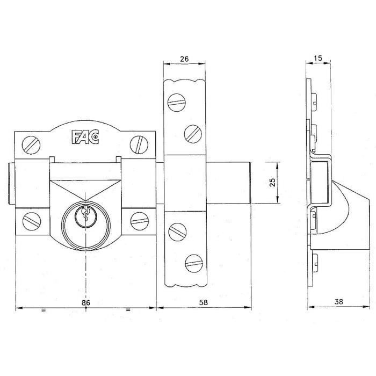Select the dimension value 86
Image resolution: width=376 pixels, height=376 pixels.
[85, 303]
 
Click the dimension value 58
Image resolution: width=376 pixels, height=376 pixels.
[203, 303]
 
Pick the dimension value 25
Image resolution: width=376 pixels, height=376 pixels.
[272, 183]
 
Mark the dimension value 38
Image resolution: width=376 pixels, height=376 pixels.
[339, 303]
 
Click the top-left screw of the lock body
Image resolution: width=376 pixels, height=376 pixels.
[31, 143]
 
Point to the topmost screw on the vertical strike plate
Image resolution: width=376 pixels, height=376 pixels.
[175, 102]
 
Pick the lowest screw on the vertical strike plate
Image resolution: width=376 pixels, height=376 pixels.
[192, 262]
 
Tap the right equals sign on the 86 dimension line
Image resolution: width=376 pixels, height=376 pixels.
[128, 310]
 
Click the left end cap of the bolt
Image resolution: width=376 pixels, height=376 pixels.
[12, 182]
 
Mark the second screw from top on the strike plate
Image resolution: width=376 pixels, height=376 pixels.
[192, 132]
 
